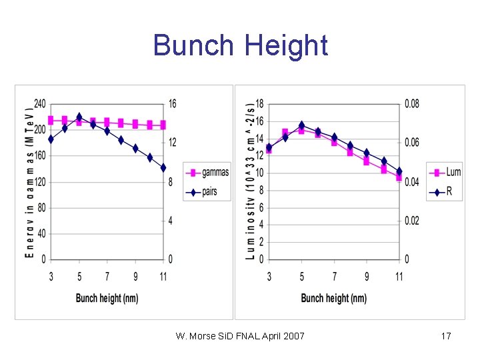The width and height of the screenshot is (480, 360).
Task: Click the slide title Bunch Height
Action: pyautogui.click(x=240, y=45)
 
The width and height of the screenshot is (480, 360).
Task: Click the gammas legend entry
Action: pyautogui.click(x=207, y=173)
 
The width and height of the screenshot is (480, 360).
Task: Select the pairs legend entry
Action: pyautogui.click(x=205, y=192)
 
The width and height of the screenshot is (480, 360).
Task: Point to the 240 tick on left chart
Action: pyautogui.click(x=39, y=104)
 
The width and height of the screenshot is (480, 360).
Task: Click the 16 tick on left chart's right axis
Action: pyautogui.click(x=173, y=104)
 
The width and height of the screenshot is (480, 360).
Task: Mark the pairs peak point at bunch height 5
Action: pyautogui.click(x=79, y=117)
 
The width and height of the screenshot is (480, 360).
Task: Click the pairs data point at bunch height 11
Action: pyautogui.click(x=163, y=168)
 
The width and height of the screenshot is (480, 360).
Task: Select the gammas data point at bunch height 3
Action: pyautogui.click(x=51, y=120)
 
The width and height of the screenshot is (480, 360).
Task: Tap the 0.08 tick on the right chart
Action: pyautogui.click(x=412, y=104)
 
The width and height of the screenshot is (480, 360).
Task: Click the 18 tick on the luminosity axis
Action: pyautogui.click(x=259, y=104)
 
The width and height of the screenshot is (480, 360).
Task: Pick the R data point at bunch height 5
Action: pyautogui.click(x=301, y=125)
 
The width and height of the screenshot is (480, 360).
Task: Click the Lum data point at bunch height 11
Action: pyautogui.click(x=399, y=177)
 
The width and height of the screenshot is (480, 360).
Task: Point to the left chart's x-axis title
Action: pyautogui.click(x=107, y=298)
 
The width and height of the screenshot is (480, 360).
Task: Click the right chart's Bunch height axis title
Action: pyautogui.click(x=333, y=298)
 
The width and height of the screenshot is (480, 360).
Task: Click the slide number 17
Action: pyautogui.click(x=446, y=336)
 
